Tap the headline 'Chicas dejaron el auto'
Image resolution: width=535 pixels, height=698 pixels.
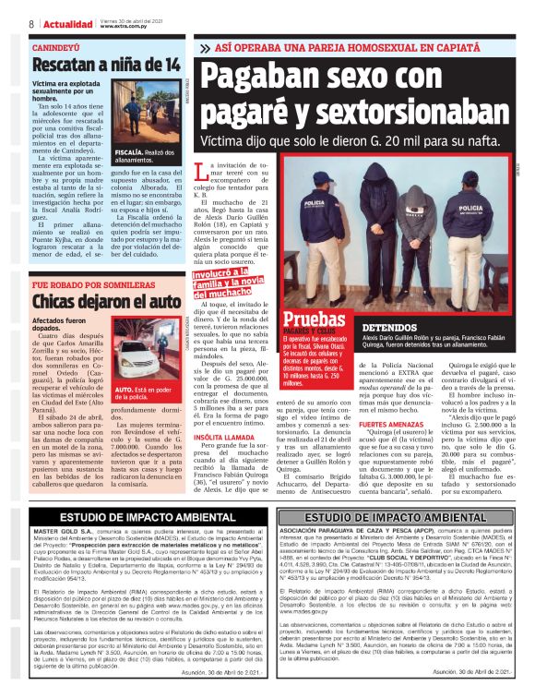coord(105,302)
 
